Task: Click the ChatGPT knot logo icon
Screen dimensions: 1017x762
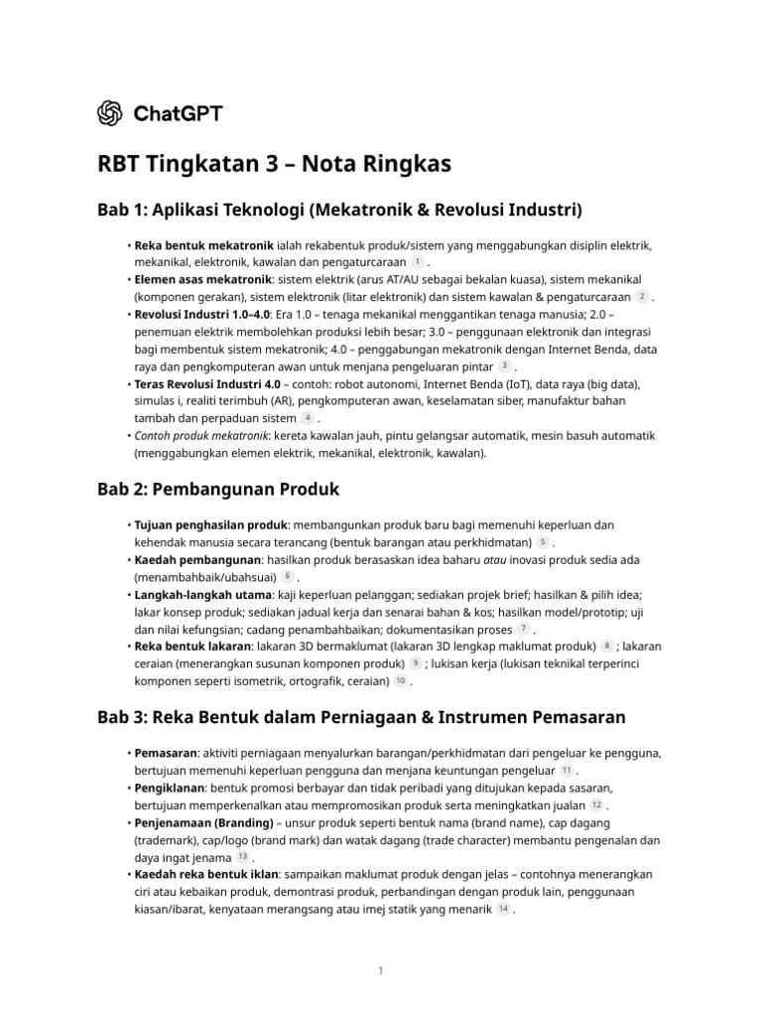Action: coord(110,113)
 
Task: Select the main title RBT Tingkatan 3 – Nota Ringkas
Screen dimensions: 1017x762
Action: coord(274,164)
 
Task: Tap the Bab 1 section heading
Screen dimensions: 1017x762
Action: coord(338,210)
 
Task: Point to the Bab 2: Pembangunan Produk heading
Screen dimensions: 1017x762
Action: coord(217,489)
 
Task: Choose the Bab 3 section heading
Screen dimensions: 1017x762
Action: coord(361,716)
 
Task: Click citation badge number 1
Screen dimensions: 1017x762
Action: coord(418,261)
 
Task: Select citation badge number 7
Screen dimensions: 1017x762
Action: coord(523,629)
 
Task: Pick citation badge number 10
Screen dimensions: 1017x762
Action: coord(400,681)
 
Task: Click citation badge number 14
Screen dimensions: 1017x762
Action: coord(503,909)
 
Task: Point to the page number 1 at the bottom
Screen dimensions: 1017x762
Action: coord(380,970)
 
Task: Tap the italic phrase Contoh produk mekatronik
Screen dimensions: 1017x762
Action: coord(202,436)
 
